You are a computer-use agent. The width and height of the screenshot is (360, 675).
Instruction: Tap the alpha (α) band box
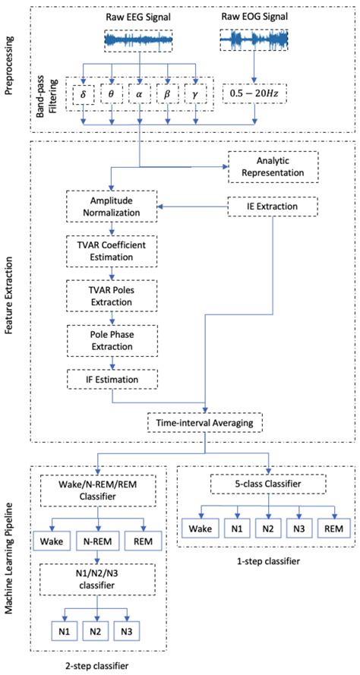point(140,96)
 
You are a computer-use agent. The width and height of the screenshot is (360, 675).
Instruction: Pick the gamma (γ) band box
point(196,96)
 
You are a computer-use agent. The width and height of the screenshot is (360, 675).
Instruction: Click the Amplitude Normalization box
point(112,208)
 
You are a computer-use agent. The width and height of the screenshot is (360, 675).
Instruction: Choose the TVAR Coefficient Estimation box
point(112,250)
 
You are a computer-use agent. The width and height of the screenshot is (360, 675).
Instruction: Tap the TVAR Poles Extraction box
point(112,293)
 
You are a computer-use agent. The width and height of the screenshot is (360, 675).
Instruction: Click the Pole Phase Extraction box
point(112,336)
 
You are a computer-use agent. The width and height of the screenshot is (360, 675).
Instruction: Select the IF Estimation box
point(112,377)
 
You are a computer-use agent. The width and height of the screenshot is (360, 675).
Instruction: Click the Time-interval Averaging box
point(207,421)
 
